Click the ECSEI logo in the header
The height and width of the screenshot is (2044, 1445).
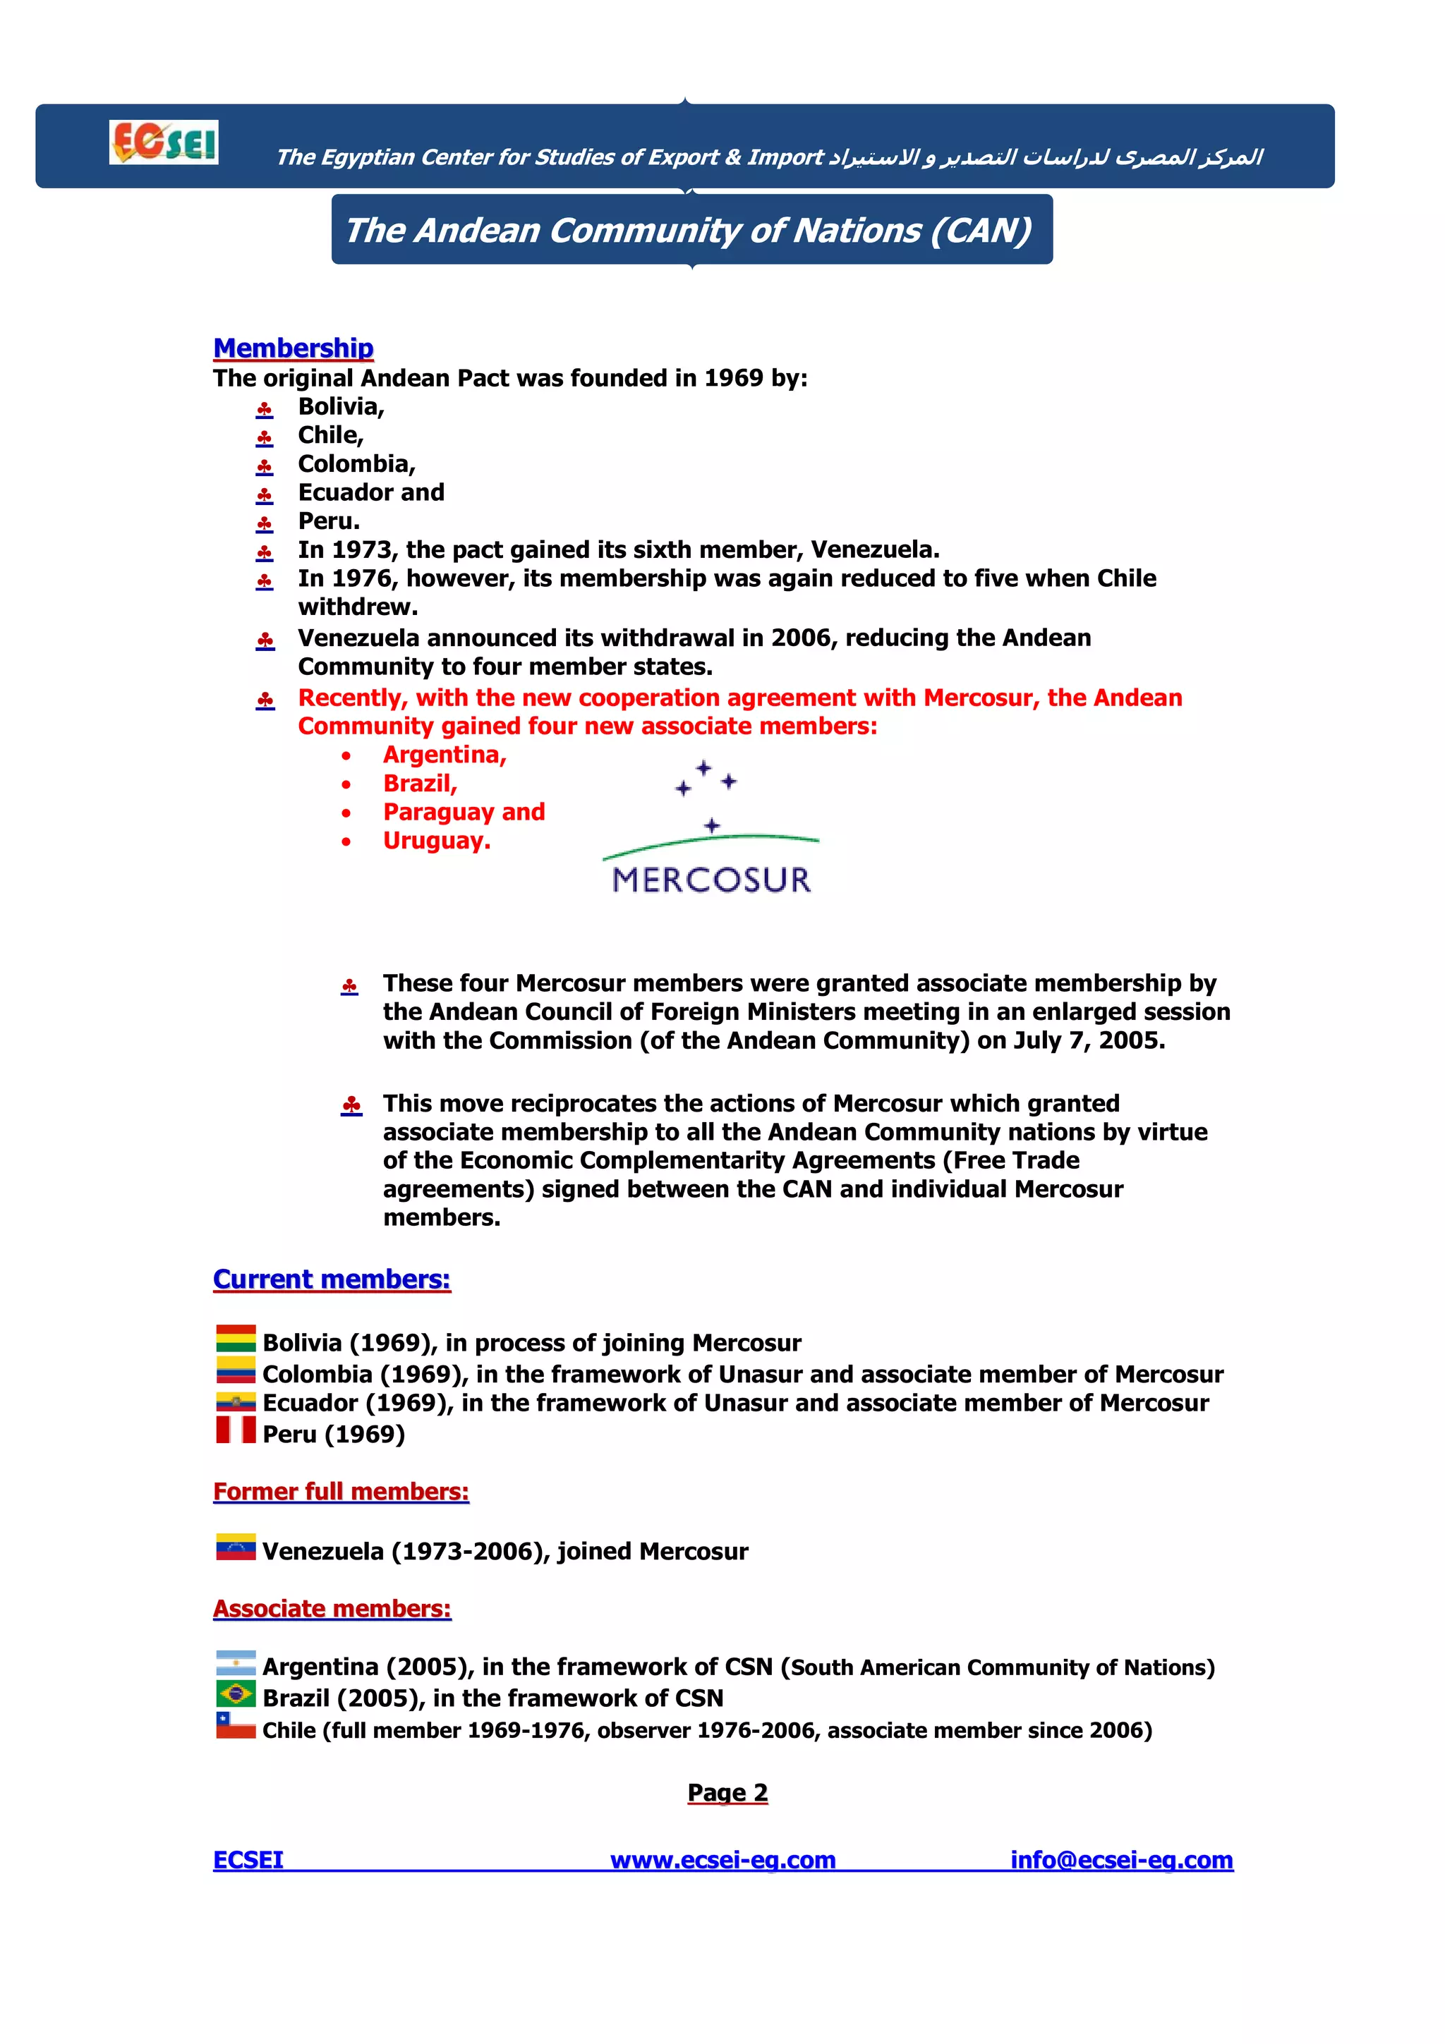(164, 142)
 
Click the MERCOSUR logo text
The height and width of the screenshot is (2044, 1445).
(711, 880)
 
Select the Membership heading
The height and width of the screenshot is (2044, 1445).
(293, 348)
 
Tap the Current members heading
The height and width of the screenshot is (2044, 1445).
(331, 1279)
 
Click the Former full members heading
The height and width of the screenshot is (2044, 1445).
(340, 1491)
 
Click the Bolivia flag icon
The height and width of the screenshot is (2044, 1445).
(236, 1339)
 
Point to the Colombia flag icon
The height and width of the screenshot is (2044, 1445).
(236, 1370)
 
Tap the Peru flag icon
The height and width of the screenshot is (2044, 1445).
(236, 1430)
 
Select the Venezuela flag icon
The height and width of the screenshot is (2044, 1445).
(236, 1547)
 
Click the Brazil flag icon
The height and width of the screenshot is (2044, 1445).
(236, 1694)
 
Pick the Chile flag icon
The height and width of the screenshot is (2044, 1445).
(236, 1725)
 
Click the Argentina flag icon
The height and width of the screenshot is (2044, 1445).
(236, 1663)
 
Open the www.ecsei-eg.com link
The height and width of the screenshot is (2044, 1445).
(722, 1861)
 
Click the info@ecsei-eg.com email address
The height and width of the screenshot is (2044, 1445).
(1121, 1861)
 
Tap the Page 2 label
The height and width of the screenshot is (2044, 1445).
(727, 1793)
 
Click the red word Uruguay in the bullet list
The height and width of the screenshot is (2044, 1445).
(436, 841)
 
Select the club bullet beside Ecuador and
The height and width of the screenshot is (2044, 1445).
(265, 495)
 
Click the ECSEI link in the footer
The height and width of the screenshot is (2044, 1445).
(248, 1861)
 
